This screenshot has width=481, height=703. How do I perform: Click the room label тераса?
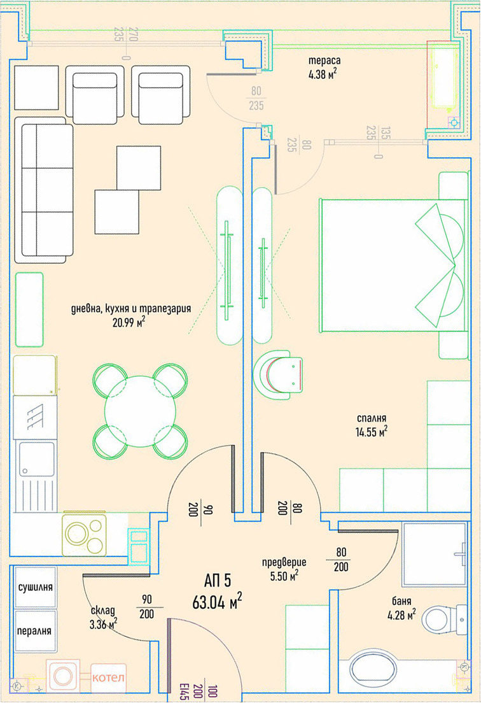(324, 60)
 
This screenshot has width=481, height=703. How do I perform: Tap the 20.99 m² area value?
(129, 322)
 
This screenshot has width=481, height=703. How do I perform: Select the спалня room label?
(372, 419)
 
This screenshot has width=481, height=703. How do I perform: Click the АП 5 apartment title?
(218, 581)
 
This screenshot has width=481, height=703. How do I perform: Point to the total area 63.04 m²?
(217, 601)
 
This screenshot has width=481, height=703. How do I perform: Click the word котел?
(108, 678)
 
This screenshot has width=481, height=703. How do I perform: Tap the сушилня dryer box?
(36, 587)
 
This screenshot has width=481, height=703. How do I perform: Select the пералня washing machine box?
(36, 631)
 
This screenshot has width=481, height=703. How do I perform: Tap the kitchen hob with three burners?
(84, 534)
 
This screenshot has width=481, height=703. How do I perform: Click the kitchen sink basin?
(36, 459)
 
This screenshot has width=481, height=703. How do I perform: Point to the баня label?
(401, 601)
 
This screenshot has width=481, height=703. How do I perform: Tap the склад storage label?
(102, 611)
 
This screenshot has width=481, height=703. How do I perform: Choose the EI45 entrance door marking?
(183, 691)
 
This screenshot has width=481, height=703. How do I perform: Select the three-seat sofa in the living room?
(44, 190)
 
